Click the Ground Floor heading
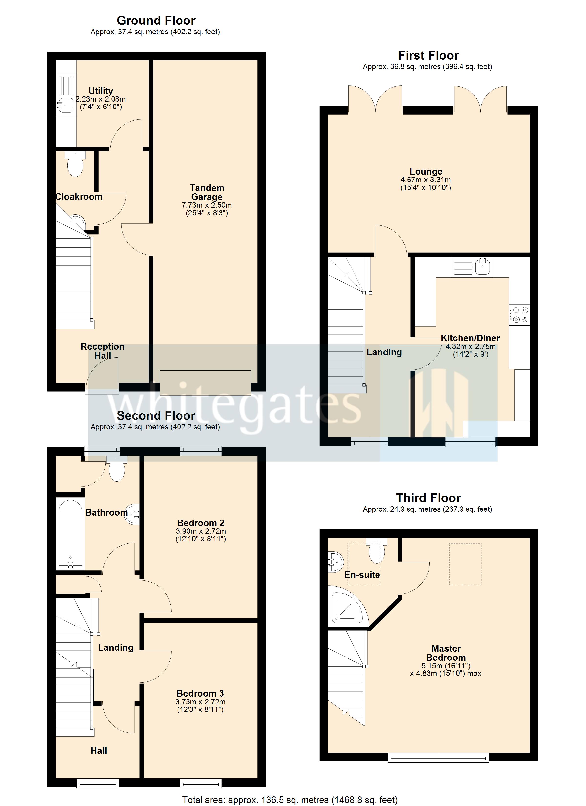156,21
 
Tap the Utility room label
101,91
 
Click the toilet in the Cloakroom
75,166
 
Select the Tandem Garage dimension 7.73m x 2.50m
207,205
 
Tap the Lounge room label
426,172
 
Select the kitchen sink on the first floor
482,266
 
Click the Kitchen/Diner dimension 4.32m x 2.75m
470,347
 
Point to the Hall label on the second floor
99,751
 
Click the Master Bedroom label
446,653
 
